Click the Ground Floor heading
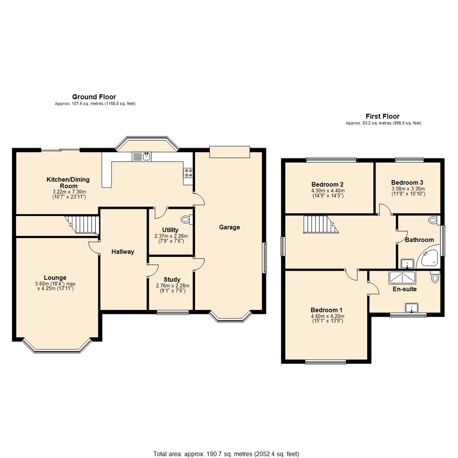(x=94, y=97)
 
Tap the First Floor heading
(x=383, y=116)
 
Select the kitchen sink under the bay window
(x=142, y=156)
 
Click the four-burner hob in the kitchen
(x=188, y=173)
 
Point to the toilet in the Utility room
(x=186, y=219)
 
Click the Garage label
(x=229, y=227)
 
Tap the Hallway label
(x=123, y=252)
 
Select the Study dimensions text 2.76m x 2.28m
(x=173, y=286)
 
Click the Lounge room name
(x=55, y=277)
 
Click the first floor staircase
(x=321, y=224)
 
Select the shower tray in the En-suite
(x=402, y=277)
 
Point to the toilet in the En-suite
(x=435, y=276)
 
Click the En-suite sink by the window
(x=411, y=308)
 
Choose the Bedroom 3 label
(x=407, y=183)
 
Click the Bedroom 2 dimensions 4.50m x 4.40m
(x=328, y=191)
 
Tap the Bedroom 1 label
(x=327, y=310)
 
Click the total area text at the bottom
(x=226, y=454)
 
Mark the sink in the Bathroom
(x=407, y=263)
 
